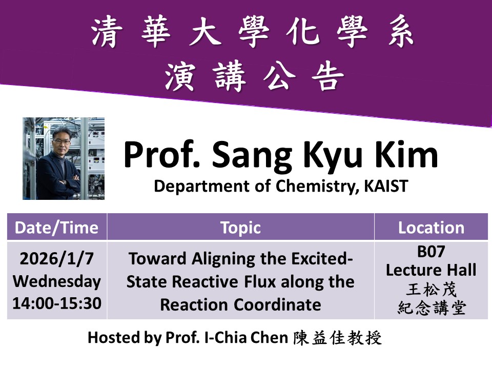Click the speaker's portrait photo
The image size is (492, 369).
click(x=64, y=158)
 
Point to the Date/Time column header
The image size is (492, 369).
click(x=56, y=228)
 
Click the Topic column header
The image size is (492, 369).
click(x=240, y=228)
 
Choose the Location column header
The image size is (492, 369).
click(x=431, y=228)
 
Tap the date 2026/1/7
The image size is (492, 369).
click(x=56, y=259)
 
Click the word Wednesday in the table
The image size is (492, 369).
click(x=56, y=281)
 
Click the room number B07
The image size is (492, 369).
click(x=431, y=253)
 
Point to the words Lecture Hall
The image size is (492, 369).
click(x=431, y=270)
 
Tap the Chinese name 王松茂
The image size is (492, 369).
click(x=431, y=290)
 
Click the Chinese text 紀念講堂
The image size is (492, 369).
click(x=431, y=308)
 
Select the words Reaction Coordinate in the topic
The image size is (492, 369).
click(x=240, y=304)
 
